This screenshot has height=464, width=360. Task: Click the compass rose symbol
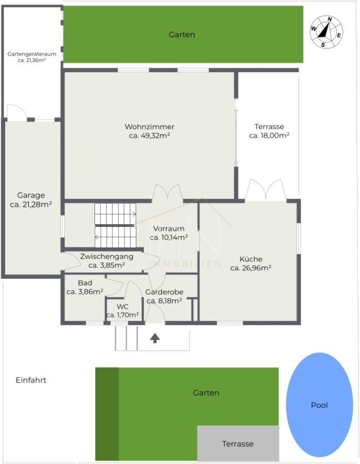(326, 31)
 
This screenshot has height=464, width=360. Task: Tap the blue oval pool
(319, 405)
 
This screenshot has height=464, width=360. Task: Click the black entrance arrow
(155, 338)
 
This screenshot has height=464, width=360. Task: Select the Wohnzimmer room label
(150, 127)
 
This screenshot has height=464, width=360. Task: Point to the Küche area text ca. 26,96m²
(251, 268)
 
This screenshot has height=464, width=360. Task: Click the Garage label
(31, 195)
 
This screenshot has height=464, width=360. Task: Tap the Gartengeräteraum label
(31, 54)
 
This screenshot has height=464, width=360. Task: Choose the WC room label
(123, 307)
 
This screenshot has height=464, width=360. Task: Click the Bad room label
(85, 283)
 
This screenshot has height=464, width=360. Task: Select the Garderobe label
(165, 292)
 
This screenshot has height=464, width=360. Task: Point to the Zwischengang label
(107, 257)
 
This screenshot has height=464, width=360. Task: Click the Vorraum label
(169, 228)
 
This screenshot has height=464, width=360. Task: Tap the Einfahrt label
(31, 380)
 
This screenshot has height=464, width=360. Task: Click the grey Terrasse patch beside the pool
(238, 443)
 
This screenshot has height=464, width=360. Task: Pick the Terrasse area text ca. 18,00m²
(269, 136)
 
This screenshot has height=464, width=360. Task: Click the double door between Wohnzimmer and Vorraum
(167, 192)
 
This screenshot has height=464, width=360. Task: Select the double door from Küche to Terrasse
(266, 190)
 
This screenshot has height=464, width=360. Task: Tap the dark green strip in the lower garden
(107, 414)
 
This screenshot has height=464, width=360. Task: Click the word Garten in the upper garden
(182, 35)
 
